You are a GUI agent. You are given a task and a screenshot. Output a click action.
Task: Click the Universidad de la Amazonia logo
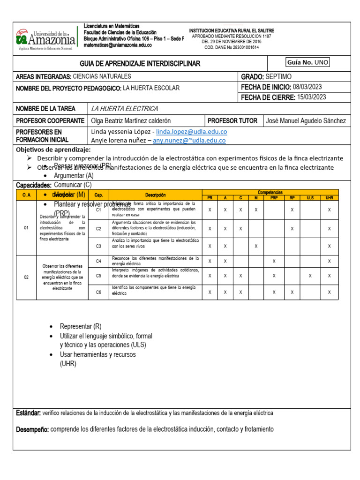point(45,39)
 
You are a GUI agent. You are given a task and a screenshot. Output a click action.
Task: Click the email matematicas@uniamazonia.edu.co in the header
point(118,45)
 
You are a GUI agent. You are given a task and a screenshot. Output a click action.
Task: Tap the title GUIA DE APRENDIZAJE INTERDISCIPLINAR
point(140,63)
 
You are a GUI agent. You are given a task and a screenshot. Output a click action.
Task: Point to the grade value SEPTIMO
point(278,76)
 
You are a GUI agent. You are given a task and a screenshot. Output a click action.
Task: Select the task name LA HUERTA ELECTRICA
point(124,109)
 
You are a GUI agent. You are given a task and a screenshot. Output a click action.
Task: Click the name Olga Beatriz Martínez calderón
point(131,121)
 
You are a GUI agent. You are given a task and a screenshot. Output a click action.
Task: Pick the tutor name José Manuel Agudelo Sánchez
point(306,121)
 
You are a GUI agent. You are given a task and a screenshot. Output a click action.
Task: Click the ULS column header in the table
point(310,198)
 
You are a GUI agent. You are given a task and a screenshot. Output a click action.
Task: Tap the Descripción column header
point(155,195)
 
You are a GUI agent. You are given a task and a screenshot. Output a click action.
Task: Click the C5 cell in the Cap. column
point(98,276)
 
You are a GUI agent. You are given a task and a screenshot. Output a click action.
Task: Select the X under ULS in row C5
point(310,276)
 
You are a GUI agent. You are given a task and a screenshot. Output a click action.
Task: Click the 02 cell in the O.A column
point(26,277)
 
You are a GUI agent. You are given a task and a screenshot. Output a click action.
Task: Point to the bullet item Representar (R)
point(80,327)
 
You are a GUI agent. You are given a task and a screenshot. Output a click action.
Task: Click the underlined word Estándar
point(29,413)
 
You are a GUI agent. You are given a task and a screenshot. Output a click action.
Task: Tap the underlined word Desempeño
point(32,429)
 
